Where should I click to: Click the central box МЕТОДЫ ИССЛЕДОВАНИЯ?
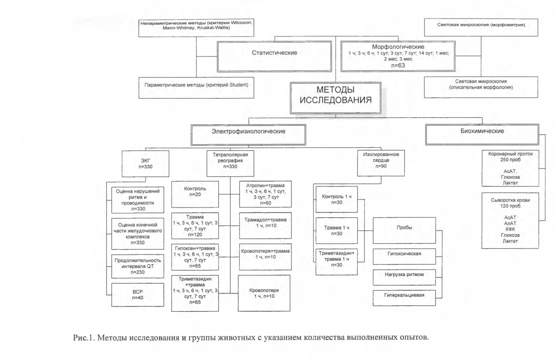point(335,98)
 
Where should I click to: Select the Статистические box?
point(274,56)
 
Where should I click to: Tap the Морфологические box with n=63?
point(398,56)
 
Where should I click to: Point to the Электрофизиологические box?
point(248,135)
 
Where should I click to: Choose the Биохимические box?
point(482,134)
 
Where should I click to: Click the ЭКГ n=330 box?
point(145,164)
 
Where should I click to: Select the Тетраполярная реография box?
point(230,163)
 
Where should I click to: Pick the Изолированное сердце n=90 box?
point(381,163)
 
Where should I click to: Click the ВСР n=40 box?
point(138,295)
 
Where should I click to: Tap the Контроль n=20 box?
point(195,194)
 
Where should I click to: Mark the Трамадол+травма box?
point(265,225)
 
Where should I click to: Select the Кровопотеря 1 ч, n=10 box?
point(264,293)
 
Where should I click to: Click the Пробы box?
point(404,231)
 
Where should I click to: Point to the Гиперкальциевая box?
point(404,298)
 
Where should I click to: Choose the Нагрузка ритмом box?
point(404,277)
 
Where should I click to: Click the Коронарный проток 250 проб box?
point(510,168)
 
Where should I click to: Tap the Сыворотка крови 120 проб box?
point(510,220)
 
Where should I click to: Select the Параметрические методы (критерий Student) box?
point(196,88)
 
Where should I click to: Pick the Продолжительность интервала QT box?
point(138,266)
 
